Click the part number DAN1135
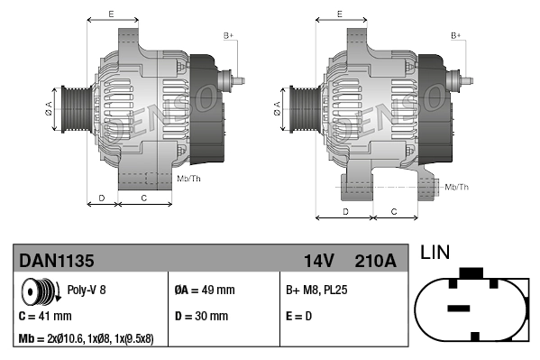pos(56,261)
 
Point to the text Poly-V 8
pos(87,291)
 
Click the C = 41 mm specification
pos(45,317)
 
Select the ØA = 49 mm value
pos(204,291)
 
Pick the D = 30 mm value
pos(201,317)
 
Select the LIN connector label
pos(435,254)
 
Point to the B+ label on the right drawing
pos(456,35)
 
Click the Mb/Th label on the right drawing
pos(457,187)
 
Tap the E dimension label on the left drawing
pos(110,14)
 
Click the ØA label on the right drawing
pos(276,108)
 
